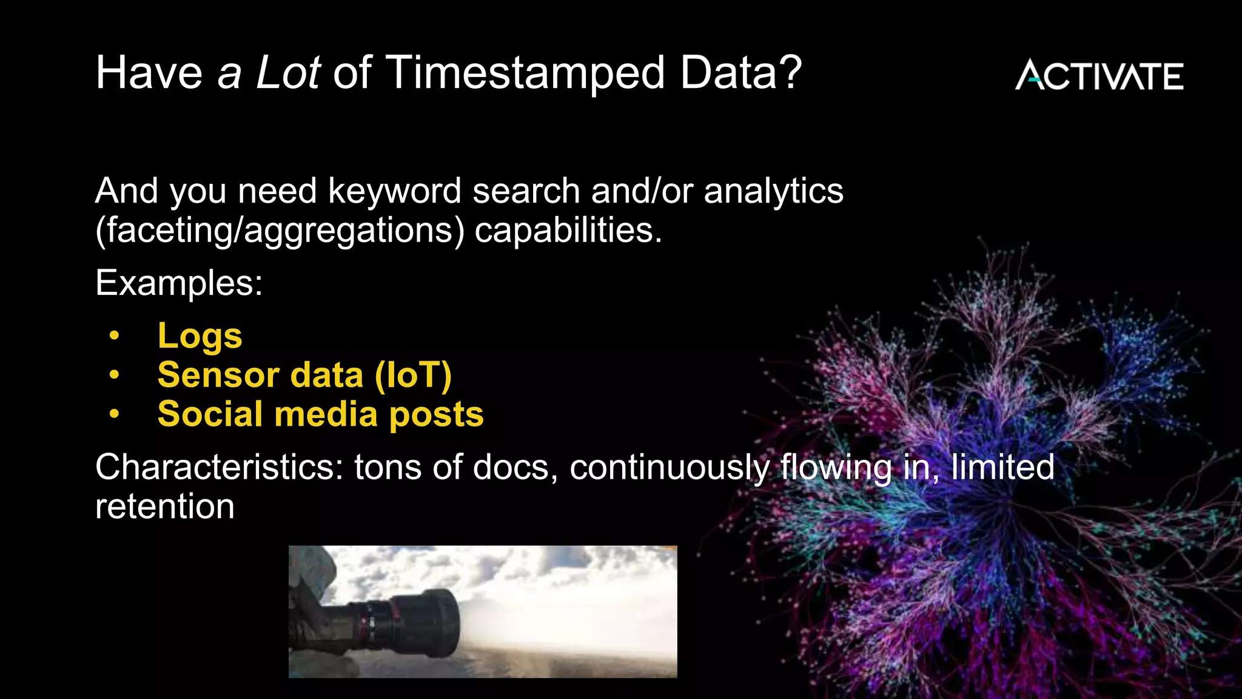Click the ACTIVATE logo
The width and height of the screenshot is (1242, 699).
click(x=1099, y=75)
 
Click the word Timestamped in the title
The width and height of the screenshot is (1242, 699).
click(x=525, y=73)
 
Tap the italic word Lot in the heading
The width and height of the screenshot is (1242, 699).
click(x=287, y=73)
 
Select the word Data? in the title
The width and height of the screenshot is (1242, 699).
click(x=740, y=73)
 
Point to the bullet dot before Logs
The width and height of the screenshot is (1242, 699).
click(x=114, y=336)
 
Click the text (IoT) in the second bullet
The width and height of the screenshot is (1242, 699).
click(x=413, y=375)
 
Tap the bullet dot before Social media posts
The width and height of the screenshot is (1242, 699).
click(x=114, y=414)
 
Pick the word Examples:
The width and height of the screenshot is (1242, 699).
click(x=179, y=283)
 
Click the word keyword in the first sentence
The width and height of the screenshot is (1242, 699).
click(x=394, y=191)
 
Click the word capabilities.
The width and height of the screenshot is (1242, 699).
click(x=568, y=231)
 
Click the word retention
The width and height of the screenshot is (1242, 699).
click(x=164, y=507)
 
